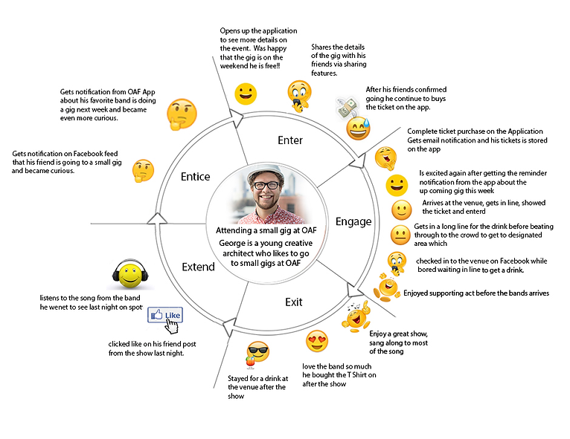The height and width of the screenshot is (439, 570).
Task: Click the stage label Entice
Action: (195, 177)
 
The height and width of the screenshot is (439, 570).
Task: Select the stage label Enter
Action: (289, 140)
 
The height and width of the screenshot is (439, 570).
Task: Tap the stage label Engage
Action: (353, 221)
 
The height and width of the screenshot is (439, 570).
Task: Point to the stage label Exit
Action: (293, 302)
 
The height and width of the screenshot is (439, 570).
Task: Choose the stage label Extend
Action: (197, 267)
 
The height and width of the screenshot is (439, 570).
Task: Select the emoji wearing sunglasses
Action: (257, 354)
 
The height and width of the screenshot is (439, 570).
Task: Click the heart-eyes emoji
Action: (316, 342)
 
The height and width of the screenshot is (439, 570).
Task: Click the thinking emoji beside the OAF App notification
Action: (181, 114)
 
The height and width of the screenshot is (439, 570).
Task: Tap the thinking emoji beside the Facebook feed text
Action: (142, 171)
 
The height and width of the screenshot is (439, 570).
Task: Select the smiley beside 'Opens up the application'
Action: (245, 94)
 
